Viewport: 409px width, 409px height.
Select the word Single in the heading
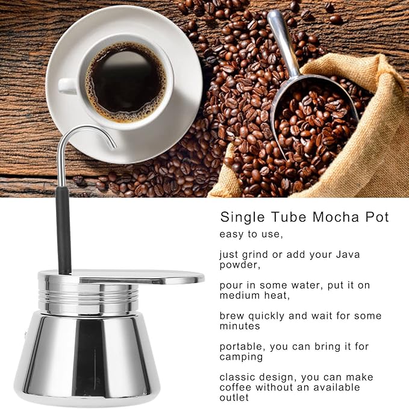coord(243,217)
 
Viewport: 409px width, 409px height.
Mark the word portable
coord(241,346)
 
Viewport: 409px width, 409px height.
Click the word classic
coord(236,377)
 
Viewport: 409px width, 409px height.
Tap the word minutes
coord(240,326)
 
